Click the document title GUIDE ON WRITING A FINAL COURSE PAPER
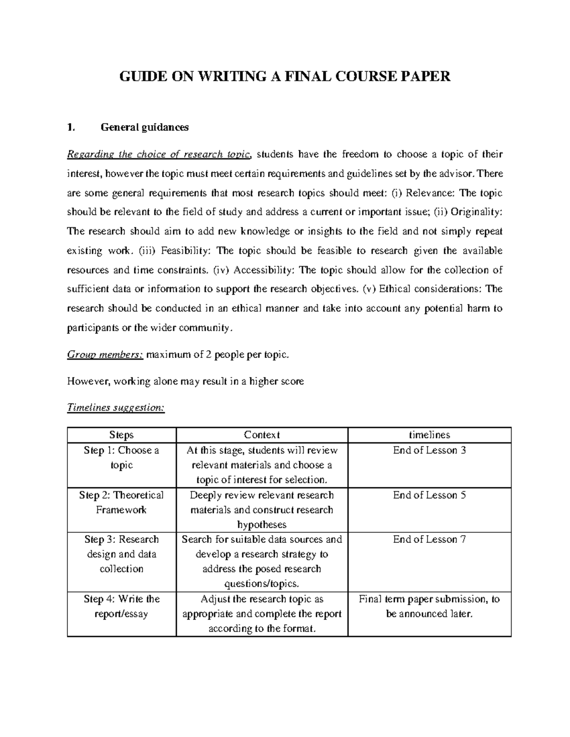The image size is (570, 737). click(x=285, y=76)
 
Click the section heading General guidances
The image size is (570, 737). click(x=144, y=127)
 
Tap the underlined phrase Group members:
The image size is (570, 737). click(x=105, y=355)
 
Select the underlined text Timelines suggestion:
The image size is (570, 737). click(x=116, y=408)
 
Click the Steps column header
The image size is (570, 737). click(x=122, y=435)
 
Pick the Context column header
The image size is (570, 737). click(x=262, y=435)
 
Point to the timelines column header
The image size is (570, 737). click(x=429, y=435)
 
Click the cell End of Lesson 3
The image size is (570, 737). click(x=429, y=450)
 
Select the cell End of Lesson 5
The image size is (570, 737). click(x=429, y=495)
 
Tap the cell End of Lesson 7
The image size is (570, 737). click(x=429, y=539)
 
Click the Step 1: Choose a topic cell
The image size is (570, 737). click(x=122, y=457)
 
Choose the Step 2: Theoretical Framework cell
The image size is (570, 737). click(x=122, y=502)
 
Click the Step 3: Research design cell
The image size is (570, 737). click(x=122, y=554)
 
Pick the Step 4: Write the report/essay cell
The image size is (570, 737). click(x=122, y=606)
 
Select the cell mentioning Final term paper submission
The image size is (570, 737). click(x=429, y=606)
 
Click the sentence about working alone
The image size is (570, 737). click(x=185, y=381)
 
